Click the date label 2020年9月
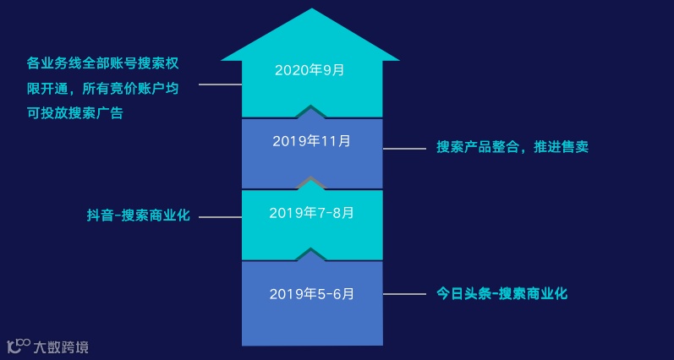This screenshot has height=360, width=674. click(x=310, y=70)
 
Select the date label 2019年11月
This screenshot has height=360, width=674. click(x=311, y=141)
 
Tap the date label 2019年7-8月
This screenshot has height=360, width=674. click(x=311, y=212)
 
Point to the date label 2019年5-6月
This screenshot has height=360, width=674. click(x=311, y=294)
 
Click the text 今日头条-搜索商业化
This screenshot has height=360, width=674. click(x=501, y=294)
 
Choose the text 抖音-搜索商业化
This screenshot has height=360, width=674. click(x=138, y=216)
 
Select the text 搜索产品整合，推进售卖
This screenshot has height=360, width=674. click(x=512, y=146)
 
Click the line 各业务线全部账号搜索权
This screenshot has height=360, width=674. click(x=105, y=63)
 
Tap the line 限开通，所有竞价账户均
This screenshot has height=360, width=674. click(x=105, y=88)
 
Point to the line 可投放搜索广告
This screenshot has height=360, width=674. click(x=74, y=112)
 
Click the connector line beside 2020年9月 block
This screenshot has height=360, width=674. click(x=220, y=85)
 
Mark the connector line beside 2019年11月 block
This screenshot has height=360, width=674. click(x=404, y=149)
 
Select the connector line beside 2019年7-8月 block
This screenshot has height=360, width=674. click(x=220, y=217)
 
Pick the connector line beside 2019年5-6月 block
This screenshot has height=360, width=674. click(x=404, y=295)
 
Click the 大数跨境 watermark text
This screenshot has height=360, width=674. click(x=60, y=346)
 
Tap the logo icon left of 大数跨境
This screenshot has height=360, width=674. click(x=19, y=346)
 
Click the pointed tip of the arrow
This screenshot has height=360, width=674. click(x=311, y=11)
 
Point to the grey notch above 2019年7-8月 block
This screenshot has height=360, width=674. click(x=311, y=182)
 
